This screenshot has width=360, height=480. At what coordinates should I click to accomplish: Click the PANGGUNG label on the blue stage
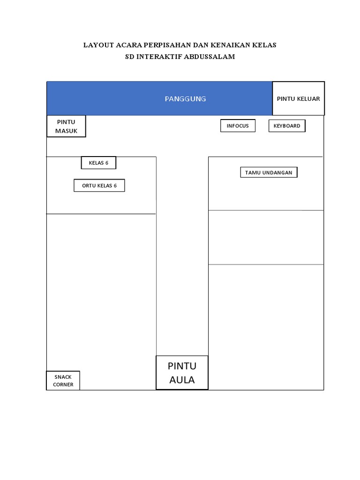coord(185,99)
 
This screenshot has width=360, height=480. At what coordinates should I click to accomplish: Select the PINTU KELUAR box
coord(298,98)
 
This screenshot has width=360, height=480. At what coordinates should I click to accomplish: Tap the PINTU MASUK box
coord(66,127)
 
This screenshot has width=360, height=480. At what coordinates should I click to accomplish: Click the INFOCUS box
coord(238,126)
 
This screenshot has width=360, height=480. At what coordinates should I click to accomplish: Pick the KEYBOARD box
coord(287,126)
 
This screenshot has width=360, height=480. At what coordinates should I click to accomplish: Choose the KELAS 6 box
coord(98,163)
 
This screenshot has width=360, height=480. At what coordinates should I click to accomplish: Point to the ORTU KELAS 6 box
coord(99,186)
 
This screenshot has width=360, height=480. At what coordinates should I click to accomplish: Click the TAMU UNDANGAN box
coord(269,172)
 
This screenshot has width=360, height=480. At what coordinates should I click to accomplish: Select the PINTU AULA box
coord(182,373)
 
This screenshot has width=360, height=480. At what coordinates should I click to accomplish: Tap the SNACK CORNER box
coord(63,381)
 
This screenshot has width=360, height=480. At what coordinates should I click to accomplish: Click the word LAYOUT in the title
coord(98,45)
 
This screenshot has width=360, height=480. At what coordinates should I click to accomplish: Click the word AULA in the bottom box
coord(182,380)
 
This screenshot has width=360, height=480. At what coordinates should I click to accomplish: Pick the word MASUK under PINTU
coord(66,131)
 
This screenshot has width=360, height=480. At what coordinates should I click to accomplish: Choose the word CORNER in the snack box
coord(63,385)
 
